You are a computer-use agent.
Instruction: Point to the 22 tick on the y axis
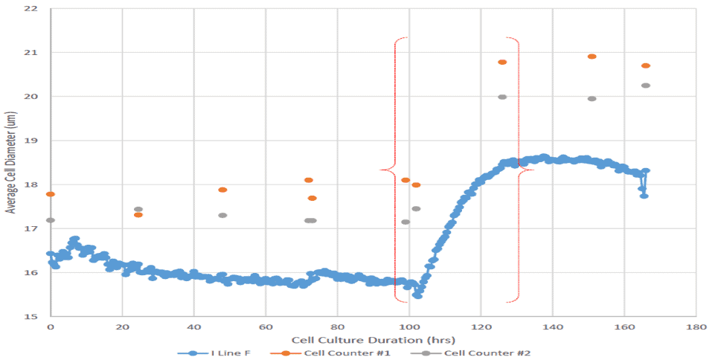[33, 9]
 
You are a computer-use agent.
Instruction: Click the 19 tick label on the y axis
[33, 141]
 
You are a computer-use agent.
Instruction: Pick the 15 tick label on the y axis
[33, 316]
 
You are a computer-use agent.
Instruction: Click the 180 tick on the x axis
[696, 327]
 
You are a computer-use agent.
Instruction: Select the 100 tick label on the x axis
[409, 327]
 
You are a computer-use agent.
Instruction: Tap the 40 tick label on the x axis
[193, 327]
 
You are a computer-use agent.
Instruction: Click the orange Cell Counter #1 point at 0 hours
[51, 194]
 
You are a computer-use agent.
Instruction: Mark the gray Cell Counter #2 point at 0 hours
[51, 220]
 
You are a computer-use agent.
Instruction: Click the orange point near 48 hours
[222, 190]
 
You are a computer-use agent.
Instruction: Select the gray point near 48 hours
[222, 216]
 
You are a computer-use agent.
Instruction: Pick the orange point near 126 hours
[502, 62]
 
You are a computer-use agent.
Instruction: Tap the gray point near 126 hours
[502, 97]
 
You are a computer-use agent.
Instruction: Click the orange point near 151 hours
[592, 57]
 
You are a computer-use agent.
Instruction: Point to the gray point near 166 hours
[646, 86]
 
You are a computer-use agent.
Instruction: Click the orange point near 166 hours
[646, 65]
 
